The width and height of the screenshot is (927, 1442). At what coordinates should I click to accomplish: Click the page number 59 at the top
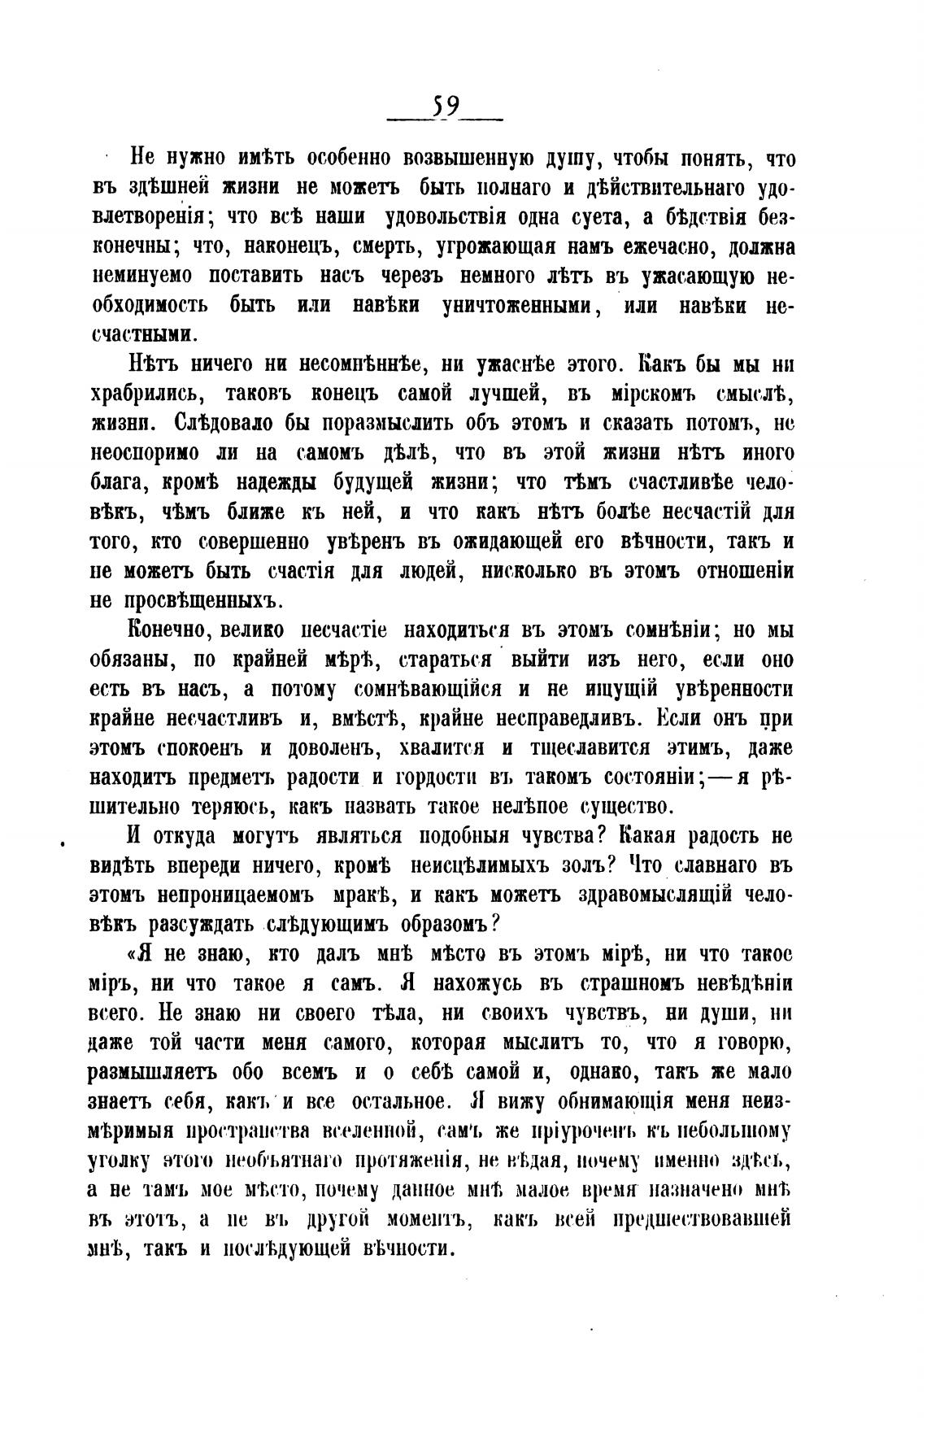coord(446,106)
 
